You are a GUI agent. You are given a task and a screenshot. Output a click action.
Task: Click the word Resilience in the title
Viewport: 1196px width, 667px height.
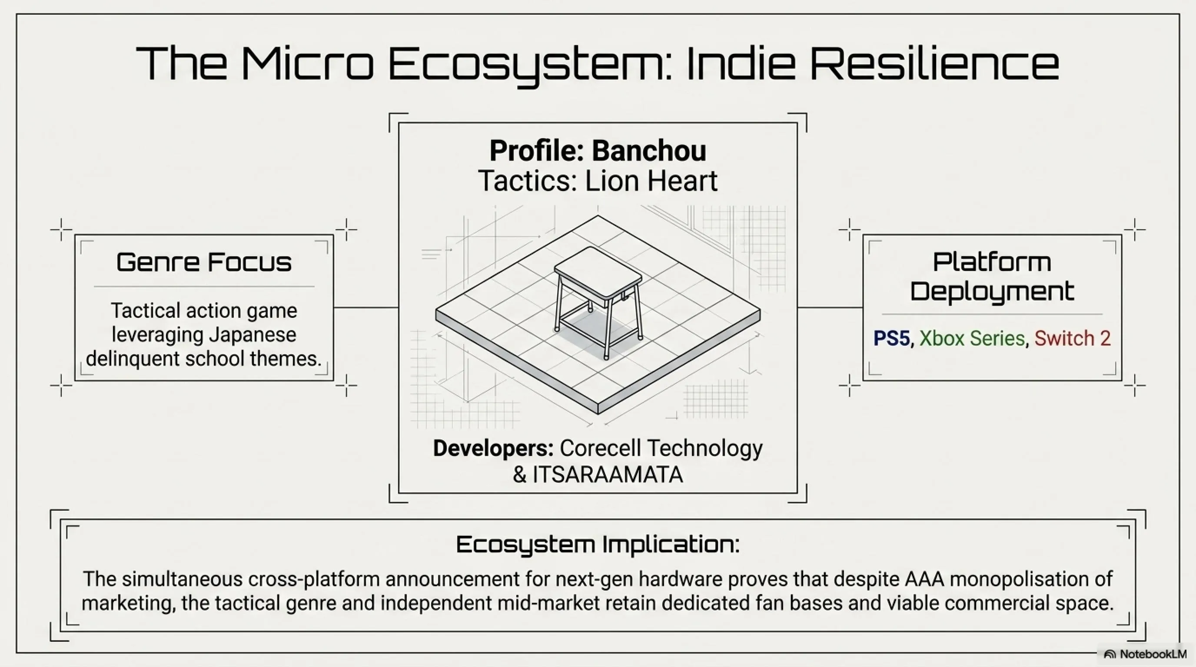pos(934,63)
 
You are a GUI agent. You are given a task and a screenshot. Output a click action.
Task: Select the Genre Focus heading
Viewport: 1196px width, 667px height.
pos(204,262)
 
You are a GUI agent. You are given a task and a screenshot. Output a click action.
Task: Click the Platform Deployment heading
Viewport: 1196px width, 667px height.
pos(992,277)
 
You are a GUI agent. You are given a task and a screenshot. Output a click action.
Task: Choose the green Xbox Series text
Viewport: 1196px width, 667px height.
pos(972,338)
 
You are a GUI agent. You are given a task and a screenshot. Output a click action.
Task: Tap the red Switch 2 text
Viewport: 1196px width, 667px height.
pos(1073,338)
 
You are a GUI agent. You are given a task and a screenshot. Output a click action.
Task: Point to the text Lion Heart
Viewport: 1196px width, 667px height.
pos(651,181)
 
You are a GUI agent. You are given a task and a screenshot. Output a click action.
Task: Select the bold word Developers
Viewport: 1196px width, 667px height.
pos(493,448)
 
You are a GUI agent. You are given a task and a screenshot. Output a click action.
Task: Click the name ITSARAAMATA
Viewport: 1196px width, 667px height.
pos(608,475)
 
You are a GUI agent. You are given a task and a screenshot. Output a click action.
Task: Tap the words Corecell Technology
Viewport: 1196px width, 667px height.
pos(661,449)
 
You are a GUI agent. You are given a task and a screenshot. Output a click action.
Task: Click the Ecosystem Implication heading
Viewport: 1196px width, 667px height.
pos(598,544)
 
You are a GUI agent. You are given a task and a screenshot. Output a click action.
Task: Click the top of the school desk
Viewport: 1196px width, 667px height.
pos(598,272)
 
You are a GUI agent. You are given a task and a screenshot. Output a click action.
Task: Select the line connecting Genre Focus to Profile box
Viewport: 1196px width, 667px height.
pos(366,307)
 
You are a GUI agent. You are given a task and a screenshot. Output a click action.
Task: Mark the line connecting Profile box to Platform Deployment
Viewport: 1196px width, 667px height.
pos(830,307)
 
